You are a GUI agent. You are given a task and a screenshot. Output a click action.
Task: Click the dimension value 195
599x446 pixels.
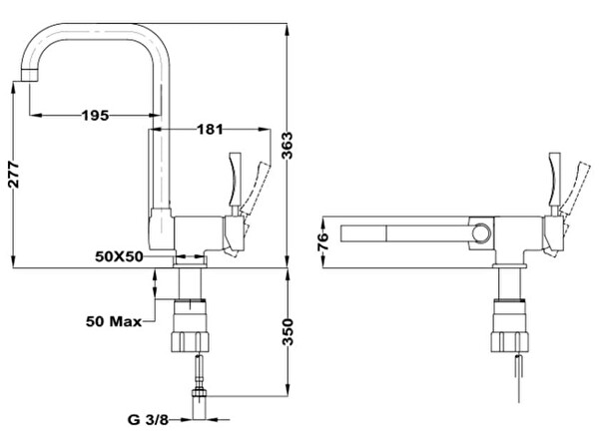tap(94, 116)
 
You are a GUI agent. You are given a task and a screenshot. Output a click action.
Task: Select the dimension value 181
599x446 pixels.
tap(211, 129)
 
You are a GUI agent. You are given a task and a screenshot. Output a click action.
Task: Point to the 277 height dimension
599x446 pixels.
tap(12, 178)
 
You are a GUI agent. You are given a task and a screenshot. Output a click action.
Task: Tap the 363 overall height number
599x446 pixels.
tap(288, 147)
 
